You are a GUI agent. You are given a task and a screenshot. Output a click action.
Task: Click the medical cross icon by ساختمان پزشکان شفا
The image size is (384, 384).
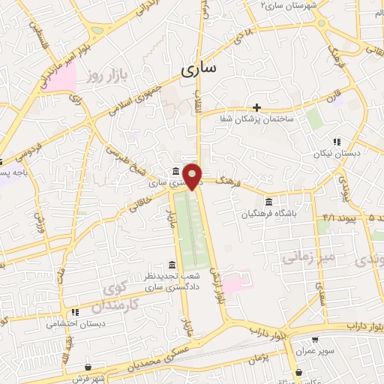[x=256, y=107]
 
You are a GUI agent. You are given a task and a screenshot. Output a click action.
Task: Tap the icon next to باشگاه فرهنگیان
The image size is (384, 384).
[x=268, y=201]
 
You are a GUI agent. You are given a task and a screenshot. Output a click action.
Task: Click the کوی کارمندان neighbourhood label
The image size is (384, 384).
[x=116, y=298]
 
